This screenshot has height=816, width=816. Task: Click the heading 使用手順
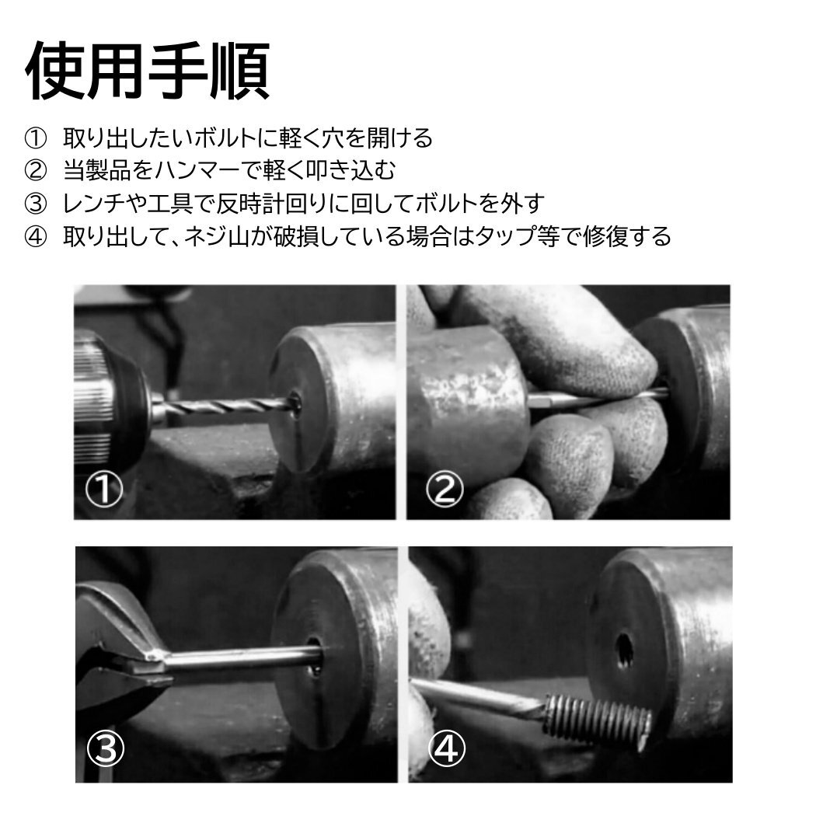coord(147,71)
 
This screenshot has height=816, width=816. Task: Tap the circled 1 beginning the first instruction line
coord(37,139)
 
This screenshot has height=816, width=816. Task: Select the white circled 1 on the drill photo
coord(103,490)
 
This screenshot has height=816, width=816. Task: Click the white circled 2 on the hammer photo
coord(445,490)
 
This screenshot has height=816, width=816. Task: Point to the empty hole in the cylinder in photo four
coord(625,651)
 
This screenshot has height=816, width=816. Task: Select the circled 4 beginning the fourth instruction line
coord(37,235)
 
